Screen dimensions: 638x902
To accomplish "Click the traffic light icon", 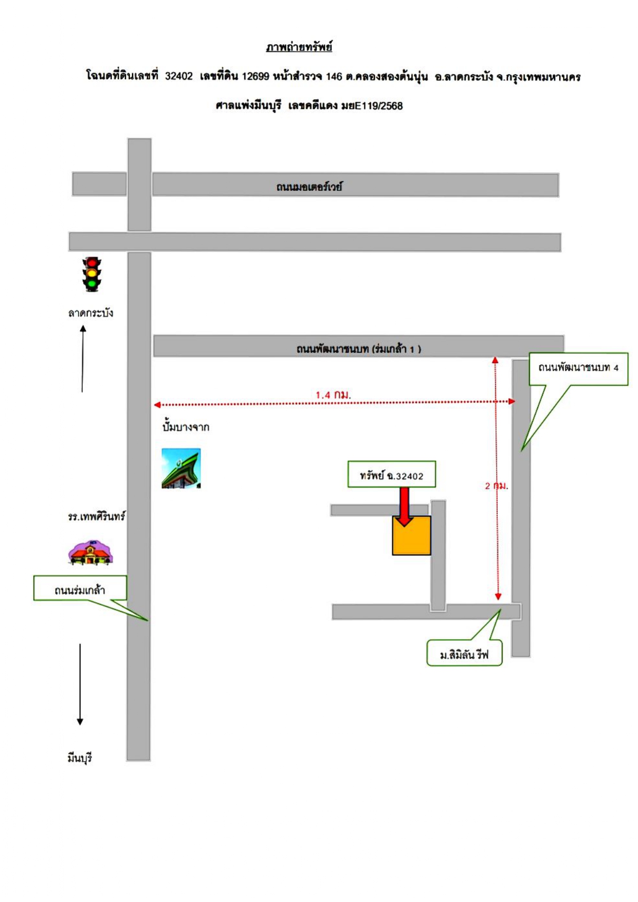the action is [92, 274].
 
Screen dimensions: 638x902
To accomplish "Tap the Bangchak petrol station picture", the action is [181, 468].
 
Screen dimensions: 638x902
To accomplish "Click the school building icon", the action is [90, 553].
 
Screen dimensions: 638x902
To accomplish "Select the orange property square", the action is [411, 535].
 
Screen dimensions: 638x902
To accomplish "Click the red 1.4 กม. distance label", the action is [333, 395].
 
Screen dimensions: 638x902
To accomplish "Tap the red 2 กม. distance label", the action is [496, 485].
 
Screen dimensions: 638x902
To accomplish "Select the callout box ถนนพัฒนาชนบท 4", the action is [578, 369].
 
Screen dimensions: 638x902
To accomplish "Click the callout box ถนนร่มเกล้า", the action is [80, 588].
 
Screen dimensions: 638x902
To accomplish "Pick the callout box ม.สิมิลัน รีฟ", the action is [464, 653].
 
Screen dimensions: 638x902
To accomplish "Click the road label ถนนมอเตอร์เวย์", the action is [309, 186].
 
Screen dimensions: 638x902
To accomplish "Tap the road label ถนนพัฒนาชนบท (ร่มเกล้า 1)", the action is [358, 349].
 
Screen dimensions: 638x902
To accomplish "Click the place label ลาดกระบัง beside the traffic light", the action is [90, 313].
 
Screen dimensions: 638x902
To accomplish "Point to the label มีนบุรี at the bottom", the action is [80, 757].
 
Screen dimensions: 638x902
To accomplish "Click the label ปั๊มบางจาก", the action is [186, 427].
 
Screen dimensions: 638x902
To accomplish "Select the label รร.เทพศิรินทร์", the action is [97, 516].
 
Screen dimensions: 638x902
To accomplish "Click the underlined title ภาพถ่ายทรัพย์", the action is [299, 47].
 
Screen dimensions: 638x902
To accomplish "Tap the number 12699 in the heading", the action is [256, 77].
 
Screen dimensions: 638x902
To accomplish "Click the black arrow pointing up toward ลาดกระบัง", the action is [83, 358].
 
